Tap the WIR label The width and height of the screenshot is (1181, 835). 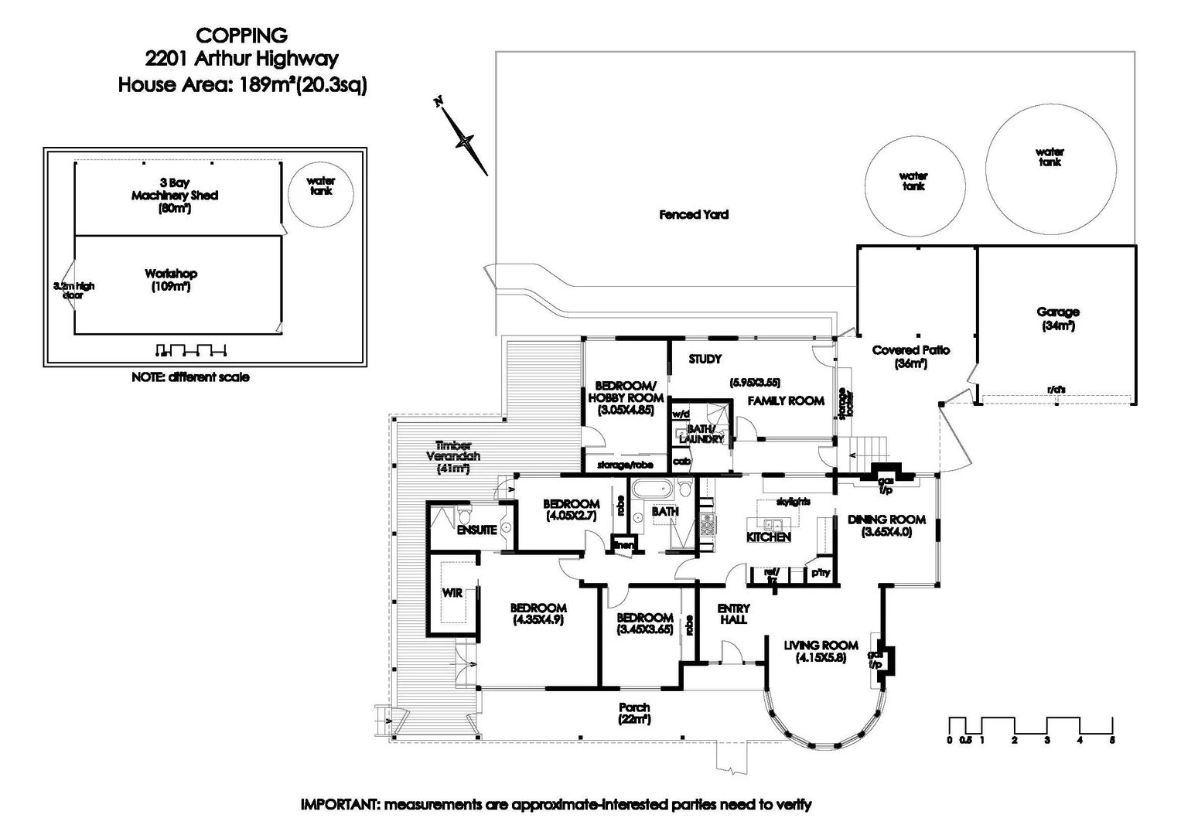tap(452, 592)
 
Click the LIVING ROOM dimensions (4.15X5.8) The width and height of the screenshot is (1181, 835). tap(821, 658)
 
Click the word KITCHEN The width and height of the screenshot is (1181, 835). tap(768, 537)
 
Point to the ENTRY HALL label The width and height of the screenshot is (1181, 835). tap(733, 614)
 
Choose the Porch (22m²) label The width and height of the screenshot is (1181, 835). tap(634, 713)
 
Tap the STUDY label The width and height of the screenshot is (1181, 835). tap(705, 359)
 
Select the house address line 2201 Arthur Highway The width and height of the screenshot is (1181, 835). tap(242, 59)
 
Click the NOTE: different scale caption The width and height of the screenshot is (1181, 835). tap(190, 377)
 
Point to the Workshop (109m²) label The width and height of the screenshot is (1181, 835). tap(171, 280)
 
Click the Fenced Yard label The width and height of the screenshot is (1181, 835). tap(694, 214)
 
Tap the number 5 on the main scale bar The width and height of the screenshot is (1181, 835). tap(1112, 740)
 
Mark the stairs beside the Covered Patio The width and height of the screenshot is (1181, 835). tap(870, 448)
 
